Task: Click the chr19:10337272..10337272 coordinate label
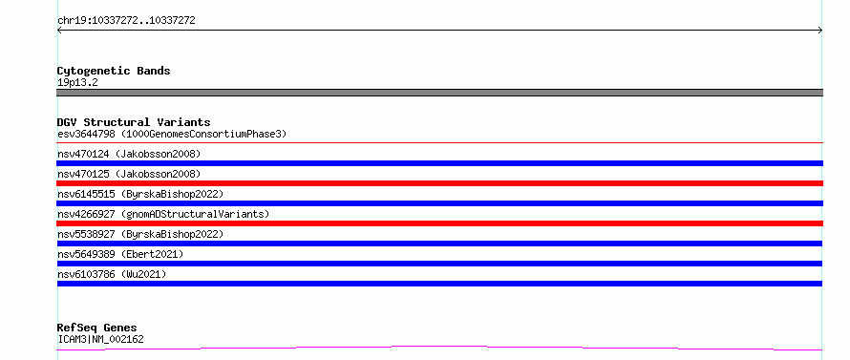(126, 21)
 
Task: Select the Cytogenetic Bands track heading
(114, 71)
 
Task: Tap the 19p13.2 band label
(77, 83)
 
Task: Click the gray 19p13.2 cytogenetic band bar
(439, 93)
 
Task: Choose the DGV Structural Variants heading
(134, 122)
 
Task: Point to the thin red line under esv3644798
(439, 142)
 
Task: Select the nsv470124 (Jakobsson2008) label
(129, 154)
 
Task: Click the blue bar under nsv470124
(439, 163)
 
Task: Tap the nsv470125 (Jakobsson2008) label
(129, 174)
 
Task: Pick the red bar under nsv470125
(439, 183)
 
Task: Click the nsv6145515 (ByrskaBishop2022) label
(140, 194)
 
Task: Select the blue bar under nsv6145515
(439, 203)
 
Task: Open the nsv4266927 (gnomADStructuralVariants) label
(163, 214)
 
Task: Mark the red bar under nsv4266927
(439, 223)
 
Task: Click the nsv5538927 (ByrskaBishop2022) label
(140, 234)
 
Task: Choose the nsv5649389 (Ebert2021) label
(120, 254)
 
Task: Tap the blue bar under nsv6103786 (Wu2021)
(439, 284)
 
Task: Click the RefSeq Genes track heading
(97, 328)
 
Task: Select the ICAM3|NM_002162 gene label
(100, 340)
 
